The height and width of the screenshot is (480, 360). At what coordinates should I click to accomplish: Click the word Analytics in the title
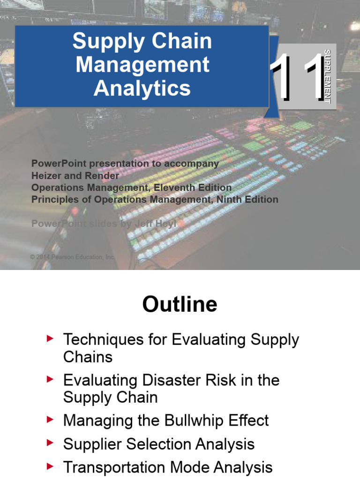pyautogui.click(x=142, y=88)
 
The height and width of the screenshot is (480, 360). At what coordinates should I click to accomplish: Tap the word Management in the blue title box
pyautogui.click(x=142, y=65)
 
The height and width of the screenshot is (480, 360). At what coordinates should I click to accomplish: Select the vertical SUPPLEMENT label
pyautogui.click(x=327, y=75)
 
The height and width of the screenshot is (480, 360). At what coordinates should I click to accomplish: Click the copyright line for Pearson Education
pyautogui.click(x=72, y=257)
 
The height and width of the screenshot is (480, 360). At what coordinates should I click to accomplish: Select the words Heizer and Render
pyautogui.click(x=75, y=176)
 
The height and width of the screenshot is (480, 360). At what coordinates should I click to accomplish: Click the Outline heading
pyautogui.click(x=180, y=305)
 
